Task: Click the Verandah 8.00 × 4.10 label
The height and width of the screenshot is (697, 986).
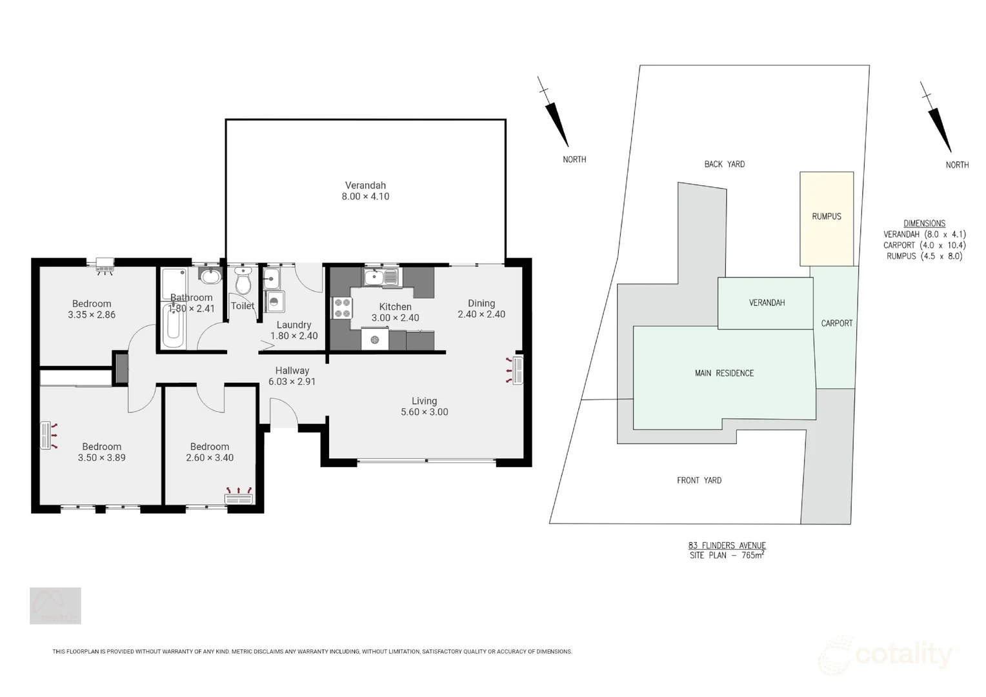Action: tap(365, 191)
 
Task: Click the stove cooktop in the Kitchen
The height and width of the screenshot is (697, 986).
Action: tap(342, 308)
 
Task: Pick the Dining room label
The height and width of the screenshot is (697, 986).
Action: tap(481, 303)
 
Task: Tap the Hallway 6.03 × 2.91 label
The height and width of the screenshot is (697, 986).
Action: tap(292, 376)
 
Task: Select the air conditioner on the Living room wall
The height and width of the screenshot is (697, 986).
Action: tap(516, 371)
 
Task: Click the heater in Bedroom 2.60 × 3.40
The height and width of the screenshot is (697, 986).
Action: tap(239, 497)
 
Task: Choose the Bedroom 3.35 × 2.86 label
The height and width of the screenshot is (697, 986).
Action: tap(92, 309)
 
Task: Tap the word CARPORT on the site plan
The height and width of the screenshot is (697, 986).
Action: tap(836, 323)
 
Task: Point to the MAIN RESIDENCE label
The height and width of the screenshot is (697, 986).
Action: tap(724, 373)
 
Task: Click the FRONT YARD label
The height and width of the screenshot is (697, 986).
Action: tap(699, 480)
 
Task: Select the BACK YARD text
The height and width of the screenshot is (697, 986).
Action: tap(724, 164)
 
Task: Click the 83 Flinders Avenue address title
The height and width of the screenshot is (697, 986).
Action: tap(727, 545)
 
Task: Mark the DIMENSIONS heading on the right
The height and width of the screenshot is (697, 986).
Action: tap(924, 223)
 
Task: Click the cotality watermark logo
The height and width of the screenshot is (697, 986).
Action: tap(890, 656)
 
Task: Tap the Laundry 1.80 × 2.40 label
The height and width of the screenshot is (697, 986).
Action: tap(294, 330)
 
